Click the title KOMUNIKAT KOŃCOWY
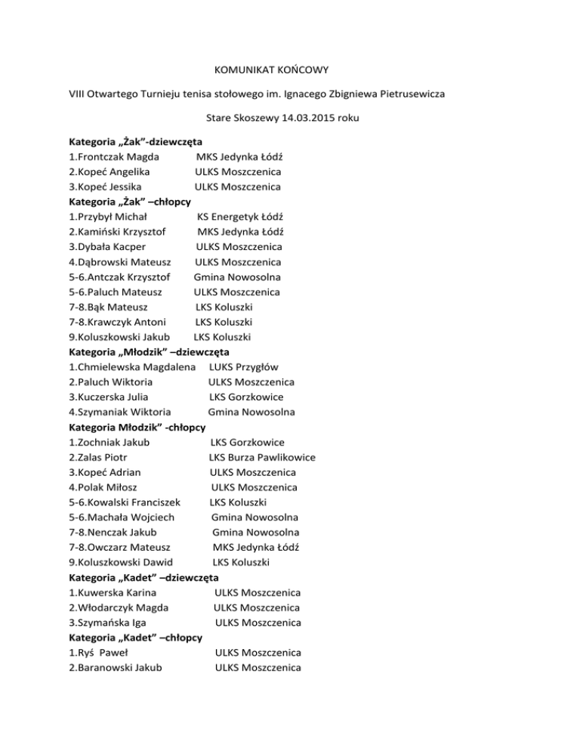(290, 66)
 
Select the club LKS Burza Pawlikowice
(262, 457)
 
